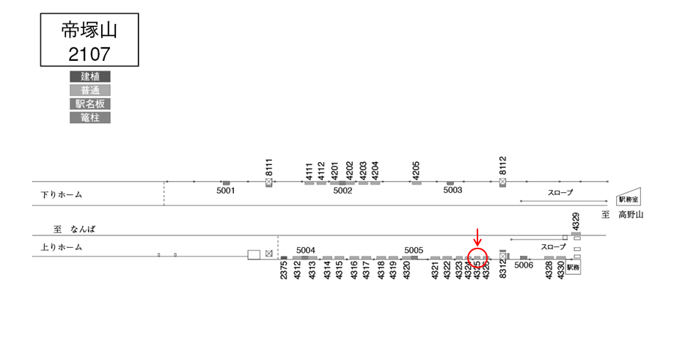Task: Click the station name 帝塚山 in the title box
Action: [x=89, y=29]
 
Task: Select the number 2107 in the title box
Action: [x=89, y=53]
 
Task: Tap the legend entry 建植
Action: [x=89, y=76]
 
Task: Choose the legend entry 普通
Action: [x=89, y=90]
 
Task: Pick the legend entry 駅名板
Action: [x=89, y=103]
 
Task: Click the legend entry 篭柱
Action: [x=89, y=117]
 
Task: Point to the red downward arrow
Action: [x=477, y=237]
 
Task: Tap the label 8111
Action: [x=269, y=166]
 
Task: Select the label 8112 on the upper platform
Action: [x=502, y=166]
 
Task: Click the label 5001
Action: [x=226, y=191]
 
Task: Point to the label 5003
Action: [x=453, y=191]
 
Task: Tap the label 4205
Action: [x=416, y=169]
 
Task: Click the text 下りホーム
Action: [x=62, y=195]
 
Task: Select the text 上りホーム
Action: [x=62, y=248]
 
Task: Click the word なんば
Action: [x=83, y=229]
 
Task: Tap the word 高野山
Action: [x=630, y=215]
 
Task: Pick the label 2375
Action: [x=284, y=272]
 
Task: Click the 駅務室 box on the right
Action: [x=628, y=199]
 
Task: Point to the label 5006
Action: [x=524, y=265]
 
